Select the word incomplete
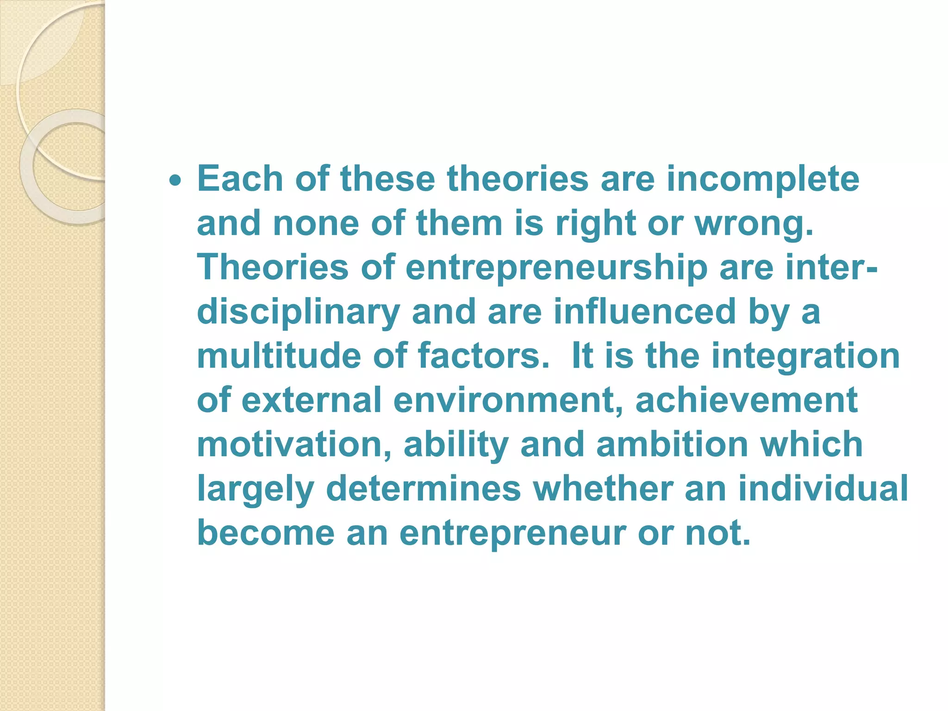click(763, 180)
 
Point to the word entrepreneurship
click(556, 268)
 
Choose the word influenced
click(644, 312)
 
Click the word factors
click(483, 355)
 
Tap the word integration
click(805, 356)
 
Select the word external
click(312, 400)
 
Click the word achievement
click(746, 400)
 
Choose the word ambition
click(672, 444)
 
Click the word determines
click(424, 489)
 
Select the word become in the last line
click(266, 533)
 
